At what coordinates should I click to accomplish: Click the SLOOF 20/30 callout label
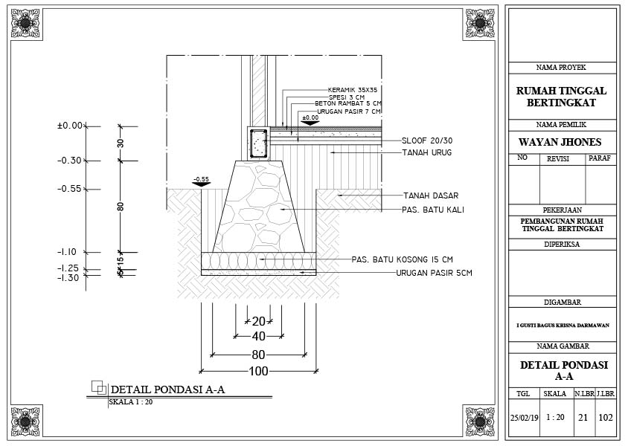coord(428,140)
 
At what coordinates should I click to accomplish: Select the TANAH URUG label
coord(427,152)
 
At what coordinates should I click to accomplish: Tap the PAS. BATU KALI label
coord(433,210)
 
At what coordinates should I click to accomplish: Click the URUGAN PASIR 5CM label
coord(434,273)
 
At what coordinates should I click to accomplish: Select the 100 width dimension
coord(258,371)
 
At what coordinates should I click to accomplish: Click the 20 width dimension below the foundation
coord(258,321)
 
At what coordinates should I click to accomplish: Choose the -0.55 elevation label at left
coord(69,189)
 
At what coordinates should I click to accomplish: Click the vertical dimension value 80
coord(121,206)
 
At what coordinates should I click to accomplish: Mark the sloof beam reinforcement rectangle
coord(258,143)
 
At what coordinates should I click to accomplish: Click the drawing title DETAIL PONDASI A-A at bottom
coord(167,390)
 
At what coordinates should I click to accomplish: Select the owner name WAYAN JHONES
coord(560,142)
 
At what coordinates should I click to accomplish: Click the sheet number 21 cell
coord(583,417)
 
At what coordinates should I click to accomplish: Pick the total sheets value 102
coord(606,417)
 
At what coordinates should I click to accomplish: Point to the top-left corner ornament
coord(27,23)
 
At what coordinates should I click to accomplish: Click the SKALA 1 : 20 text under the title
coord(131,402)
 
